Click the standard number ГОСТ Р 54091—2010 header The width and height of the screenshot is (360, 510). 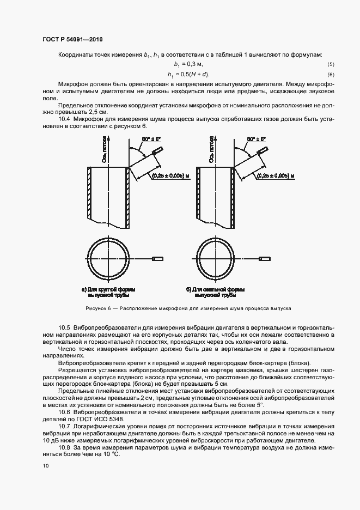pos(72,39)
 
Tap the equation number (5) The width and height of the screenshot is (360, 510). pos(331,65)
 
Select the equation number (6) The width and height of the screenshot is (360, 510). pos(331,75)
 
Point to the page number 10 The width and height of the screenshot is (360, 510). pos(46,466)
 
